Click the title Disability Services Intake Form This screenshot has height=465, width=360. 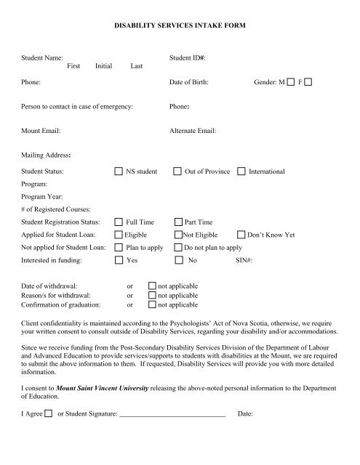(180, 25)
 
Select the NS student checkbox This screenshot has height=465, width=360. (119, 172)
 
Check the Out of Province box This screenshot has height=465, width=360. (178, 172)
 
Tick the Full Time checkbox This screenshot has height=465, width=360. (119, 222)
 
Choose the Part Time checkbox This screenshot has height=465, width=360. (178, 222)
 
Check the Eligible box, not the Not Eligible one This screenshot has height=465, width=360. (119, 235)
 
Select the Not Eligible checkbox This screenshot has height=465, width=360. (178, 235)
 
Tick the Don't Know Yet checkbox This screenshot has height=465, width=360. (241, 235)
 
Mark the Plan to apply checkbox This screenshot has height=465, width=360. (119, 248)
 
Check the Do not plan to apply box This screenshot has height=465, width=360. (178, 248)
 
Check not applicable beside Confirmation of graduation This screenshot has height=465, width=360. (152, 306)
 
